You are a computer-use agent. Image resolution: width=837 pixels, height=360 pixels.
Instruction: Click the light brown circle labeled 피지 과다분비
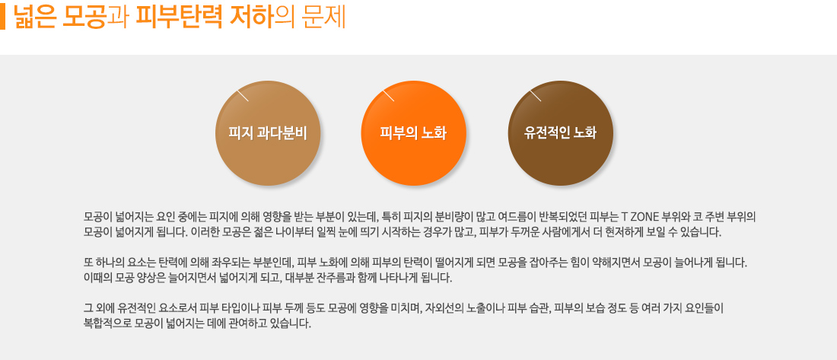[x=267, y=133]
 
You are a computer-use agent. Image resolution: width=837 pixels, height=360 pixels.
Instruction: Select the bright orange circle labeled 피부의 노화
[x=414, y=133]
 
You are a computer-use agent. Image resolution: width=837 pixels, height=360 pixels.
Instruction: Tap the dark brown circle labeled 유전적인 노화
[x=561, y=133]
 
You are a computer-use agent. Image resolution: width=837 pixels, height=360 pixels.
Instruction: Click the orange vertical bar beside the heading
[x=2, y=17]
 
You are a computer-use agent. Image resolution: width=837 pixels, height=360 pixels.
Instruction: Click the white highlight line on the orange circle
[x=388, y=94]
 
